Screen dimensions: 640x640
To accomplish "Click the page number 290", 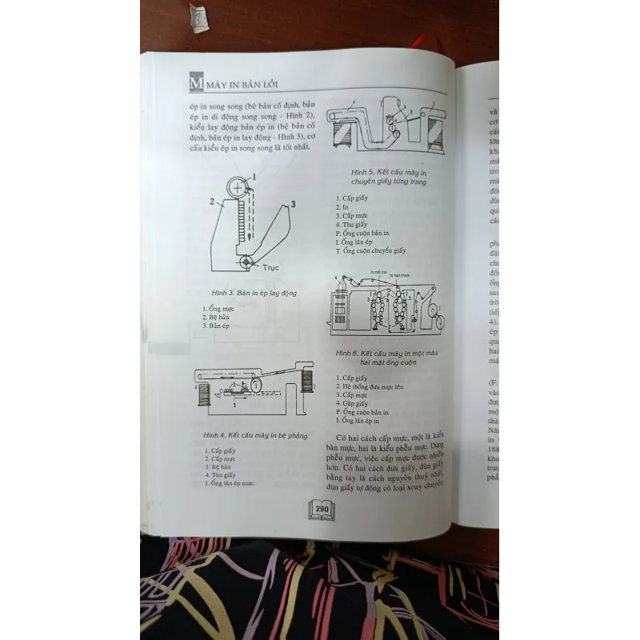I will click(x=321, y=509).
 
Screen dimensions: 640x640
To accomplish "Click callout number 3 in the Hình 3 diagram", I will click(x=294, y=205).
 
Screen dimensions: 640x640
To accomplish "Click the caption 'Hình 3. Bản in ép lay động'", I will click(x=250, y=294).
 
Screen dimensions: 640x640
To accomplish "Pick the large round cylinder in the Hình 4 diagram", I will click(x=254, y=385).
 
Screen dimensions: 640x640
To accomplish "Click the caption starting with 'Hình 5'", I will click(x=390, y=177).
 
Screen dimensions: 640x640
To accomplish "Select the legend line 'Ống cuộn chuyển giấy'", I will click(x=373, y=251).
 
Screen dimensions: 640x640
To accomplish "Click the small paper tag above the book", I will click(x=198, y=17).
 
